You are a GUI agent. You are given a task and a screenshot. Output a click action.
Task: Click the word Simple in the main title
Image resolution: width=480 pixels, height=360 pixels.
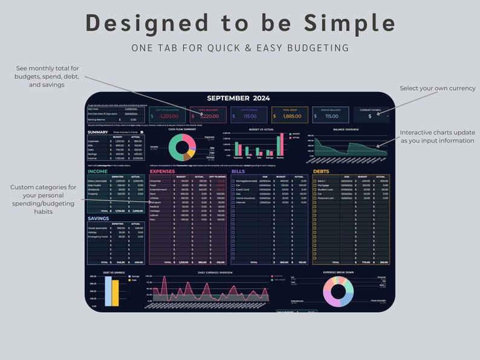[x=350, y=23]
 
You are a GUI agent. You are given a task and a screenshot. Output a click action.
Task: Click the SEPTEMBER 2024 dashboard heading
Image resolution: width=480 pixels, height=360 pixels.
[x=238, y=98]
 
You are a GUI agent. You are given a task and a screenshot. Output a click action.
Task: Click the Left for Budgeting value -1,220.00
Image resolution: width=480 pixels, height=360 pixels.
[x=169, y=116]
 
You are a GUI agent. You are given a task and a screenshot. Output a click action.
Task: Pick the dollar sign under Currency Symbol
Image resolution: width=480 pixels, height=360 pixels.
[x=370, y=116]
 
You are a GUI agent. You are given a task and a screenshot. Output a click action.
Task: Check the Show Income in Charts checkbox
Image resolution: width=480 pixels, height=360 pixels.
[x=141, y=132]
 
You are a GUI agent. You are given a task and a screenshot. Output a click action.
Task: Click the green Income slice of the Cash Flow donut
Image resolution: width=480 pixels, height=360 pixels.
[x=174, y=149]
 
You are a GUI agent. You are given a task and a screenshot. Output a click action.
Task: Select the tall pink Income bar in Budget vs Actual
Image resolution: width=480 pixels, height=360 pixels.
[x=281, y=146]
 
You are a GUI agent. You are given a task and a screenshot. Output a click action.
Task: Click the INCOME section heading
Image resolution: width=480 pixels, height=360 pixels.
[x=97, y=172]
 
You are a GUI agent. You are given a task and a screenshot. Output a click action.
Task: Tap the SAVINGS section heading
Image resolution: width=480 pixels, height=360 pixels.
[x=99, y=218]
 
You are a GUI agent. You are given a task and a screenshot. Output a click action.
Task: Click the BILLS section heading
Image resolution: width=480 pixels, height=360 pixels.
[x=238, y=172]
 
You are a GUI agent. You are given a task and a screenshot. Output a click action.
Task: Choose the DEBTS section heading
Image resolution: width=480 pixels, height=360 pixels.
[x=322, y=172]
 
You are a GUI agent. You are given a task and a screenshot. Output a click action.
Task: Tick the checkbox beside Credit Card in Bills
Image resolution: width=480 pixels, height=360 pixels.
[x=233, y=189]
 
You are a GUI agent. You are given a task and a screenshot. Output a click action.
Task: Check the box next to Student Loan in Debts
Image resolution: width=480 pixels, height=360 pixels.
[x=315, y=189]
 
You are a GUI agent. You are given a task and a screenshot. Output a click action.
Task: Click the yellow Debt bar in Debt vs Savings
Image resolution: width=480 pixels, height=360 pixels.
[x=115, y=293]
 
